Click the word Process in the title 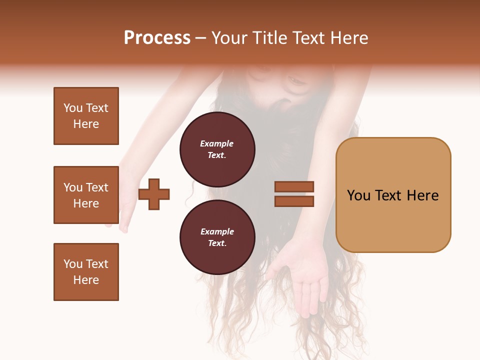coord(157,38)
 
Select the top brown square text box coord(86,116)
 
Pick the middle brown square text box coord(86,195)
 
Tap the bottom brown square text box coord(86,272)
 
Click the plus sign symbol coord(154,194)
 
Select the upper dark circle coord(217,149)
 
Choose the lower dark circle coord(217,237)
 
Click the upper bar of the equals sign coord(294,186)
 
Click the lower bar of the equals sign coord(294,201)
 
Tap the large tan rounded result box coord(393,195)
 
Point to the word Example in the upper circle coord(217,143)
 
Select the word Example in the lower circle coord(217,231)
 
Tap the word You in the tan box coord(358,195)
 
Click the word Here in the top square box coord(86,124)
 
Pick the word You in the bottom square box coord(73,264)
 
